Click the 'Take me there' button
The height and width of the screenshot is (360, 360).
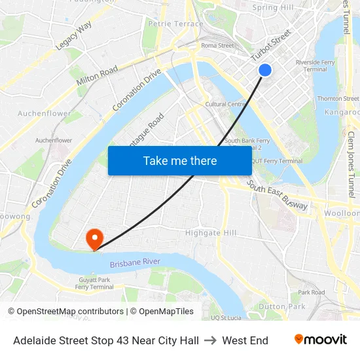coord(180,160)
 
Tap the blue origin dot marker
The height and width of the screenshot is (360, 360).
coord(265,70)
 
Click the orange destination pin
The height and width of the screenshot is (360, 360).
coord(94,238)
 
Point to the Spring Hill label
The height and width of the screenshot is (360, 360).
coord(273,8)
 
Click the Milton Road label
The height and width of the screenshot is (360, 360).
coord(97,76)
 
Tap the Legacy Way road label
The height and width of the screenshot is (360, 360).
coord(74,35)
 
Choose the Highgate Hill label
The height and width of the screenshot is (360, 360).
coord(211,233)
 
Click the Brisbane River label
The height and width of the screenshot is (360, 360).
coord(135,262)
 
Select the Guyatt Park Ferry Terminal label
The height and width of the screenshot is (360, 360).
coord(94,283)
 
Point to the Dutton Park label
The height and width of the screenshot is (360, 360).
coord(281,306)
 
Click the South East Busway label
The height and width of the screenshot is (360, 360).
coord(278,196)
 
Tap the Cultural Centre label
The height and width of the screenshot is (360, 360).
coord(226,104)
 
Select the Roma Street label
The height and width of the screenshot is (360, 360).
coord(217,46)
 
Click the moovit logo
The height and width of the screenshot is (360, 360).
coord(320,340)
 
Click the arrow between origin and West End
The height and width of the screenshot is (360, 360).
coord(210,340)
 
